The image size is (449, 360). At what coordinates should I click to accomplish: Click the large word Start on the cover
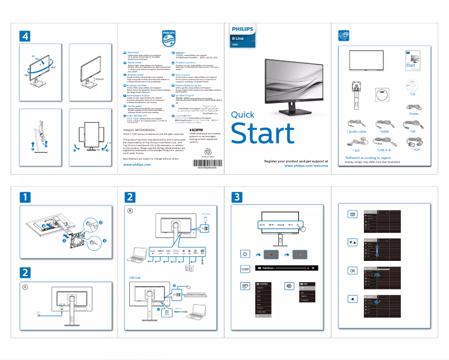[263, 134]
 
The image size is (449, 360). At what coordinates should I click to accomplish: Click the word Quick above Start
[243, 115]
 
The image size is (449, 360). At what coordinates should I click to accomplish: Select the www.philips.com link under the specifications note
[137, 165]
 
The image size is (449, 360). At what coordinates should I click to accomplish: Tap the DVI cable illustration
[356, 140]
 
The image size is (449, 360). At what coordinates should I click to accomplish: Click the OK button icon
[352, 270]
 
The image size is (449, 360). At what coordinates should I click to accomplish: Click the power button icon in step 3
[245, 254]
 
